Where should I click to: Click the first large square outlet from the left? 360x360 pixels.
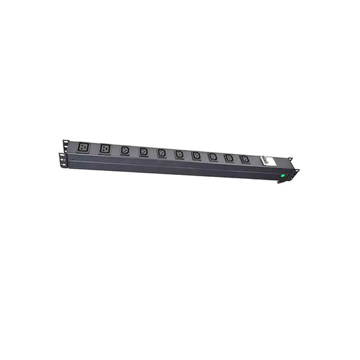coord(82,147)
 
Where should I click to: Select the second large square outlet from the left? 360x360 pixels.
coord(105,149)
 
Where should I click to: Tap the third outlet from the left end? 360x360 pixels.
coord(125,151)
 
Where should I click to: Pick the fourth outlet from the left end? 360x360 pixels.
coord(144,152)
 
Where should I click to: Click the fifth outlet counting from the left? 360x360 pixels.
coord(162,153)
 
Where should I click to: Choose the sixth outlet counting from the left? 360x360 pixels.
coord(179,155)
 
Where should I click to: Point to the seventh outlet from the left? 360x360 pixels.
coord(196,155)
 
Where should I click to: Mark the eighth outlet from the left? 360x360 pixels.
coord(213,157)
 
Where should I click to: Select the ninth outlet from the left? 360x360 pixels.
coord(229,158)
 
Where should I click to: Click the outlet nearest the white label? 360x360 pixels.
coord(245,159)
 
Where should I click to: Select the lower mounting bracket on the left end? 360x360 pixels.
coord(62,159)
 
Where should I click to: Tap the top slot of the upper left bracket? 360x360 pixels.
coord(66,142)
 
